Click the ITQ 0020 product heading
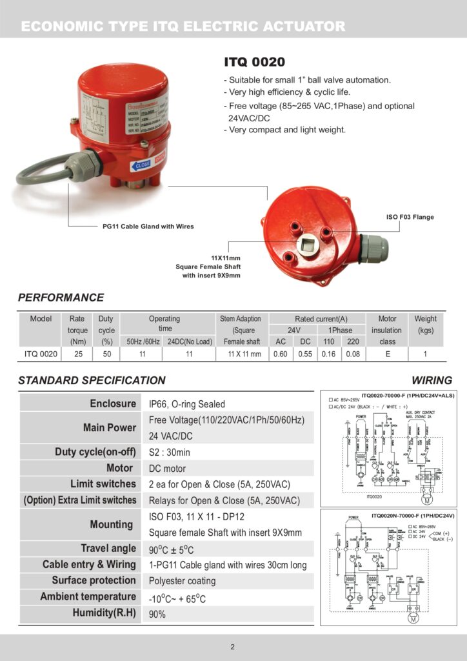pyautogui.click(x=255, y=63)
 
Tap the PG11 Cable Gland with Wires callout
pyautogui.click(x=148, y=227)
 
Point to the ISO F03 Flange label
pyautogui.click(x=410, y=217)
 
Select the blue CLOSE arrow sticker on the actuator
pyautogui.click(x=141, y=165)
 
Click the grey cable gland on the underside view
pyautogui.click(x=374, y=249)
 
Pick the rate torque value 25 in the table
pyautogui.click(x=78, y=354)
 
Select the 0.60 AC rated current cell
pyautogui.click(x=281, y=354)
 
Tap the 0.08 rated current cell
pyautogui.click(x=353, y=354)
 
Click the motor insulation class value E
pyautogui.click(x=387, y=354)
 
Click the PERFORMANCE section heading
pyautogui.click(x=61, y=298)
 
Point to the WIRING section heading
pyautogui.click(x=432, y=380)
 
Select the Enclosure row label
pyautogui.click(x=113, y=403)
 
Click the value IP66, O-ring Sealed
pyautogui.click(x=187, y=404)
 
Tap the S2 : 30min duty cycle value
pyautogui.click(x=170, y=453)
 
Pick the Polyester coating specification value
pyautogui.click(x=183, y=581)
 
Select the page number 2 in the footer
pyautogui.click(x=233, y=647)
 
